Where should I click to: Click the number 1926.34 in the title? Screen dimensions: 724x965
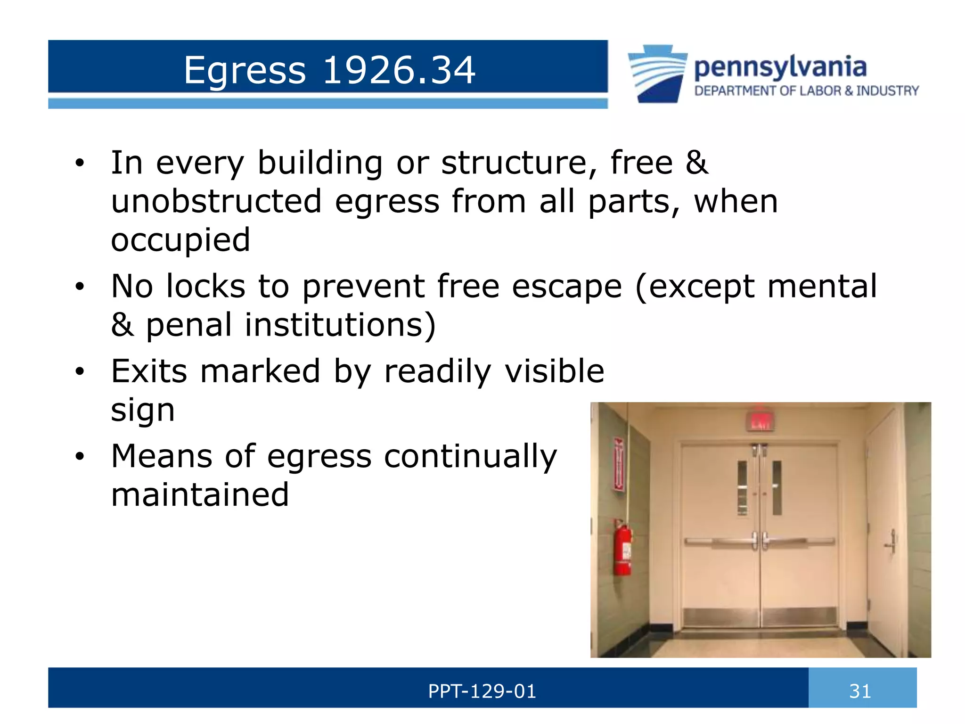(x=399, y=70)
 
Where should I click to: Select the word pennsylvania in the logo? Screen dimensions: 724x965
(x=780, y=67)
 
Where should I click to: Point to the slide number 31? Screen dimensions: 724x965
(x=860, y=691)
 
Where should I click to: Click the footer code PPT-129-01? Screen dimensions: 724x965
(x=482, y=691)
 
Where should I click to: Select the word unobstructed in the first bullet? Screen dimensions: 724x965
(x=216, y=201)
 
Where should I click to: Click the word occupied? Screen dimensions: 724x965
(x=180, y=240)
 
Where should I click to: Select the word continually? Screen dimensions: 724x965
(x=470, y=456)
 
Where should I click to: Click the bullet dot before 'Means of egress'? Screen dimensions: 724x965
(x=80, y=456)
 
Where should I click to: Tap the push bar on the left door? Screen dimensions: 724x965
(x=719, y=542)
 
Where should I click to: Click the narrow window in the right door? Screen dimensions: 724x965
(x=777, y=487)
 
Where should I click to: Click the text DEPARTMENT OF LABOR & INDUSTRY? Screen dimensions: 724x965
(x=806, y=91)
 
